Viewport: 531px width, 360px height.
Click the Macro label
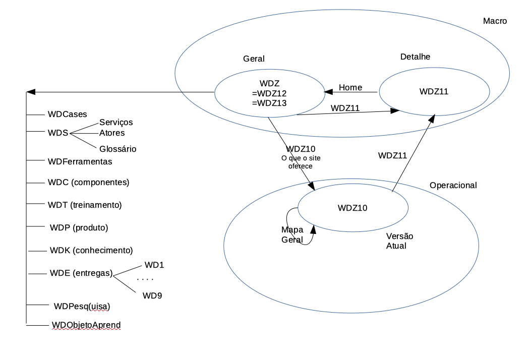[x=495, y=21]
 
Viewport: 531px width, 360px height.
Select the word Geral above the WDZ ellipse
[x=254, y=58]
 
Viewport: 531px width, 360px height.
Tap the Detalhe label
[x=415, y=57]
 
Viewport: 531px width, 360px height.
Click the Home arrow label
[x=350, y=88]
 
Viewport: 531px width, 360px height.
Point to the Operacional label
[x=453, y=186]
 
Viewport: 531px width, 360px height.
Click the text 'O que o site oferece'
[x=301, y=162]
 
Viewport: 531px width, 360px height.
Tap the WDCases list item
[x=68, y=114]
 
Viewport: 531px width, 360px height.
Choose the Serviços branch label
[x=116, y=123]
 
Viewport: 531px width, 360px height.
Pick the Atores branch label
[x=112, y=133]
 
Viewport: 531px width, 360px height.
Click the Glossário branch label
[x=117, y=149]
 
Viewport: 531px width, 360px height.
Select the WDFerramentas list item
[x=80, y=162]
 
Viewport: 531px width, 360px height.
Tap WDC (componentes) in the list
[x=89, y=182]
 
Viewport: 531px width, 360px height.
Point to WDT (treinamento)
[x=85, y=205]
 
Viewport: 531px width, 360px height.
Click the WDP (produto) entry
[x=79, y=227]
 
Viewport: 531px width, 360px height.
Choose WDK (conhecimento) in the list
[x=91, y=250]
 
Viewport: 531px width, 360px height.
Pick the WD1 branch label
[x=154, y=265]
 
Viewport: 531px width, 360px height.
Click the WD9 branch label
[x=152, y=295]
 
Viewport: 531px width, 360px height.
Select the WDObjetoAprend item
[x=86, y=325]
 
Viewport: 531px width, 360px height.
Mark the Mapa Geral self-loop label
[x=292, y=234]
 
